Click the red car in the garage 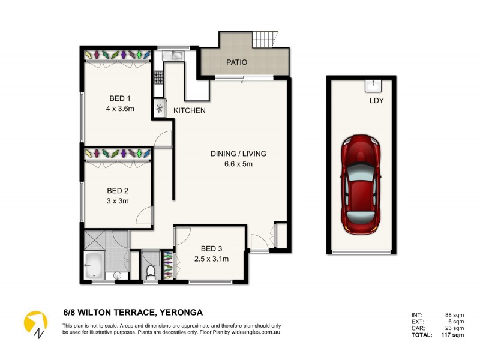pyautogui.click(x=360, y=184)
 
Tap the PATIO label pyautogui.click(x=237, y=62)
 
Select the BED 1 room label pyautogui.click(x=119, y=98)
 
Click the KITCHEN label pyautogui.click(x=190, y=111)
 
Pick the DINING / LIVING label pyautogui.click(x=238, y=154)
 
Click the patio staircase pyautogui.click(x=264, y=40)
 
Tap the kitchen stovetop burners pyautogui.click(x=160, y=77)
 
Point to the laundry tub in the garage pyautogui.click(x=373, y=85)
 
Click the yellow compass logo pyautogui.click(x=35, y=323)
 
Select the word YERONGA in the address pyautogui.click(x=181, y=312)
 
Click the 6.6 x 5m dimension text pyautogui.click(x=238, y=164)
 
